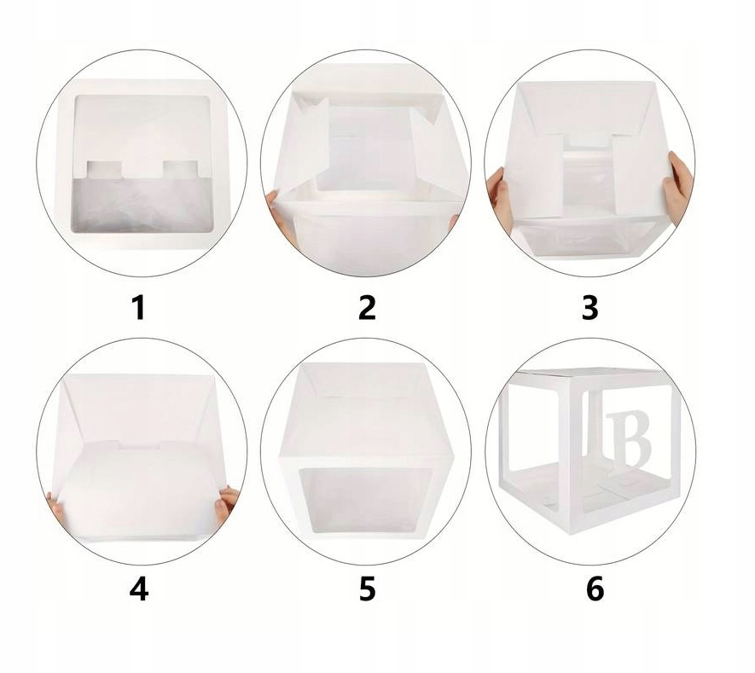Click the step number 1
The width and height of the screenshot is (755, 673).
(139, 308)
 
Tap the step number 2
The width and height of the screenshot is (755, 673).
(367, 308)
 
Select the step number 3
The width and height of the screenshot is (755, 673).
(589, 308)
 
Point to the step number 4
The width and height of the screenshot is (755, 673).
(139, 589)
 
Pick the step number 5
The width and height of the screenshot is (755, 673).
(367, 589)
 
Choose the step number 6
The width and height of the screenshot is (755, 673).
(595, 589)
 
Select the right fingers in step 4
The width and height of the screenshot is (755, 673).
(226, 504)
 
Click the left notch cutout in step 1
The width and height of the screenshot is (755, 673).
(103, 170)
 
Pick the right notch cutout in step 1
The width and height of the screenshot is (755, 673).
(180, 170)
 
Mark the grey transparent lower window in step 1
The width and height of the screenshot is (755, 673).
(142, 203)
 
